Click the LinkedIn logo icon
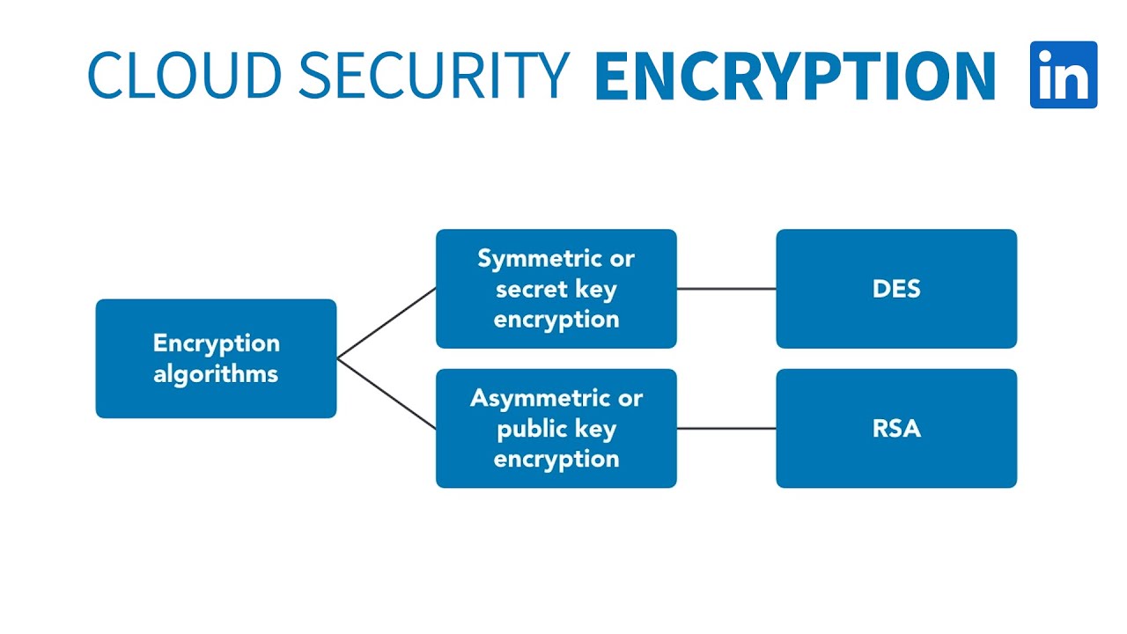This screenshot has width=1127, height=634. coord(1064,75)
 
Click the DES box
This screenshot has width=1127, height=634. coord(896,289)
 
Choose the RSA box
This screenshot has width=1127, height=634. coord(896,429)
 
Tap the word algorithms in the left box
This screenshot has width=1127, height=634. coord(216,373)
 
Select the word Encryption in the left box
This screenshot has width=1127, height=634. coord(216,343)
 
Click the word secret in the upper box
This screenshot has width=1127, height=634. coord(531,290)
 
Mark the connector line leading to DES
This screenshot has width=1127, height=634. coord(726,289)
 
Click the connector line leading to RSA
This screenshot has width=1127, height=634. coord(726,429)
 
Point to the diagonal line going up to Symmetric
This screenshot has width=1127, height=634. coord(387,322)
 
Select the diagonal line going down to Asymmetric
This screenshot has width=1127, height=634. coord(387,394)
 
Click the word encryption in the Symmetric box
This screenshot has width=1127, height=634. coord(556,320)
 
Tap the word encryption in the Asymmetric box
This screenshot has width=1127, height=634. coord(556,459)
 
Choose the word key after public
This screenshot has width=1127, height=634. coord(597,430)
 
